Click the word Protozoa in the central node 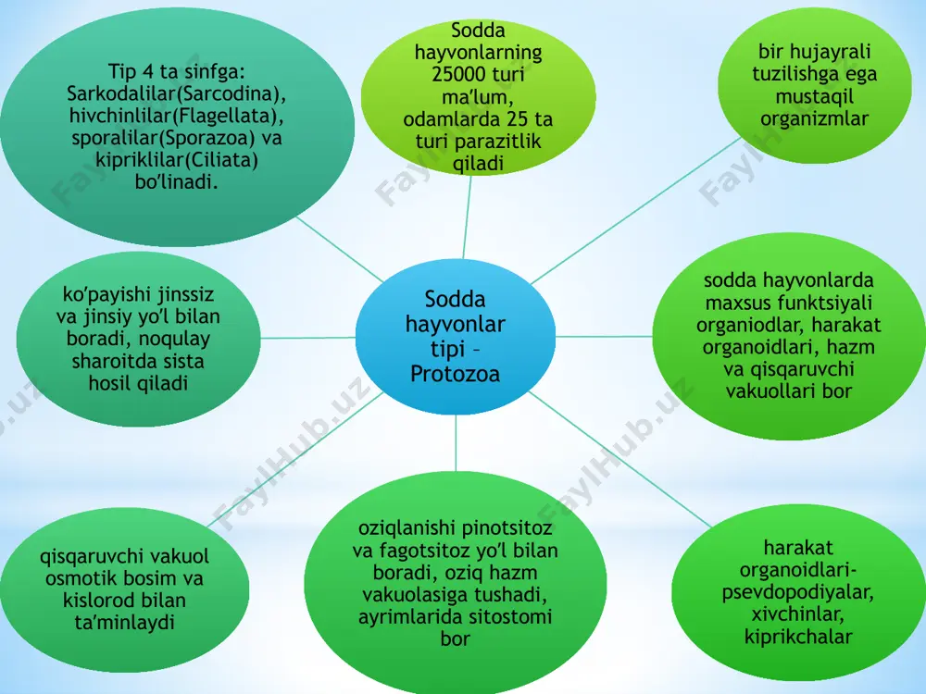[x=455, y=374]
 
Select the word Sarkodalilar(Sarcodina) [x=177, y=93]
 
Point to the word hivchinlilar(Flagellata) [x=177, y=116]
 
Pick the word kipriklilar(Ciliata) [x=177, y=160]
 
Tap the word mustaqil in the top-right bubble [x=814, y=96]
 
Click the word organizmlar [x=814, y=118]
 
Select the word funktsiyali [x=821, y=303]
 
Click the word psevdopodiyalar [x=798, y=592]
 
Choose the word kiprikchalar [x=798, y=637]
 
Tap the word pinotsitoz [x=504, y=528]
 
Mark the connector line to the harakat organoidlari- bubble [x=620, y=459]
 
